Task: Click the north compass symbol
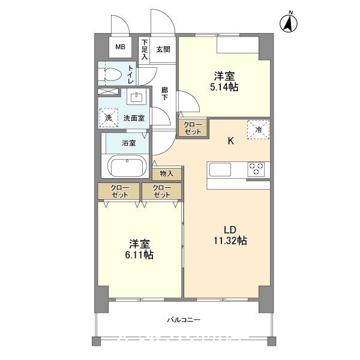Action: pyautogui.click(x=289, y=23)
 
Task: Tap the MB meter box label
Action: pyautogui.click(x=121, y=47)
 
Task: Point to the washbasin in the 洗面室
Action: pyautogui.click(x=137, y=97)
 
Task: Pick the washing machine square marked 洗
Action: pyautogui.click(x=109, y=118)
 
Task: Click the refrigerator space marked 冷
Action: pyautogui.click(x=258, y=130)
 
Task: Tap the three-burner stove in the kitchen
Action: pyautogui.click(x=256, y=169)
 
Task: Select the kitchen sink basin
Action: pyautogui.click(x=220, y=169)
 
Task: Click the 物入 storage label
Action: pyautogui.click(x=166, y=174)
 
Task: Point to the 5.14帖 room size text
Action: pyautogui.click(x=224, y=87)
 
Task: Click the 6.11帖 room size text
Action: pyautogui.click(x=139, y=255)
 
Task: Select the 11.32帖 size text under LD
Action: pyautogui.click(x=230, y=241)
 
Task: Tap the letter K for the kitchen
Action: pyautogui.click(x=231, y=141)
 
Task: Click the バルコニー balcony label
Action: pyautogui.click(x=184, y=320)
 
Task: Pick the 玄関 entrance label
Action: pyautogui.click(x=163, y=49)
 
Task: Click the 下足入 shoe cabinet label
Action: pyautogui.click(x=145, y=50)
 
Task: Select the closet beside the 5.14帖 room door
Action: pyautogui.click(x=193, y=128)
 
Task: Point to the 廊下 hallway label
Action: pyautogui.click(x=164, y=94)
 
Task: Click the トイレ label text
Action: pyautogui.click(x=131, y=74)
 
